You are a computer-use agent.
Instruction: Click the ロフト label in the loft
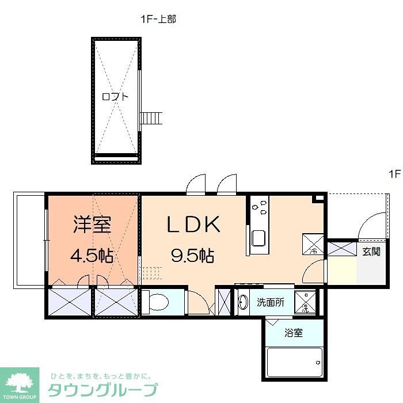point(115,97)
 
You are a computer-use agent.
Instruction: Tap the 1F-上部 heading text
point(158,19)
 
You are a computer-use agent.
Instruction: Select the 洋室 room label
point(92,225)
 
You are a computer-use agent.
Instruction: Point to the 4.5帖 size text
point(92,255)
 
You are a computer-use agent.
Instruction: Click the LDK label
point(193,225)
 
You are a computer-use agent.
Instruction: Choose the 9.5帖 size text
point(192,255)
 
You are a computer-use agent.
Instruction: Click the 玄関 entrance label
point(371,252)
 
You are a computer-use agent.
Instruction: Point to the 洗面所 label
point(270,302)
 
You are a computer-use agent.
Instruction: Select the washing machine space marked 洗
point(305,302)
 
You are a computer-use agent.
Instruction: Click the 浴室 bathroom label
point(294,333)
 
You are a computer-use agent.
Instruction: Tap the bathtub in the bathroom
point(294,362)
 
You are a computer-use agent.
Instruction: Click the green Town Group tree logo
point(20,383)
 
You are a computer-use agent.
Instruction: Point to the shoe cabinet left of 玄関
point(342,250)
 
